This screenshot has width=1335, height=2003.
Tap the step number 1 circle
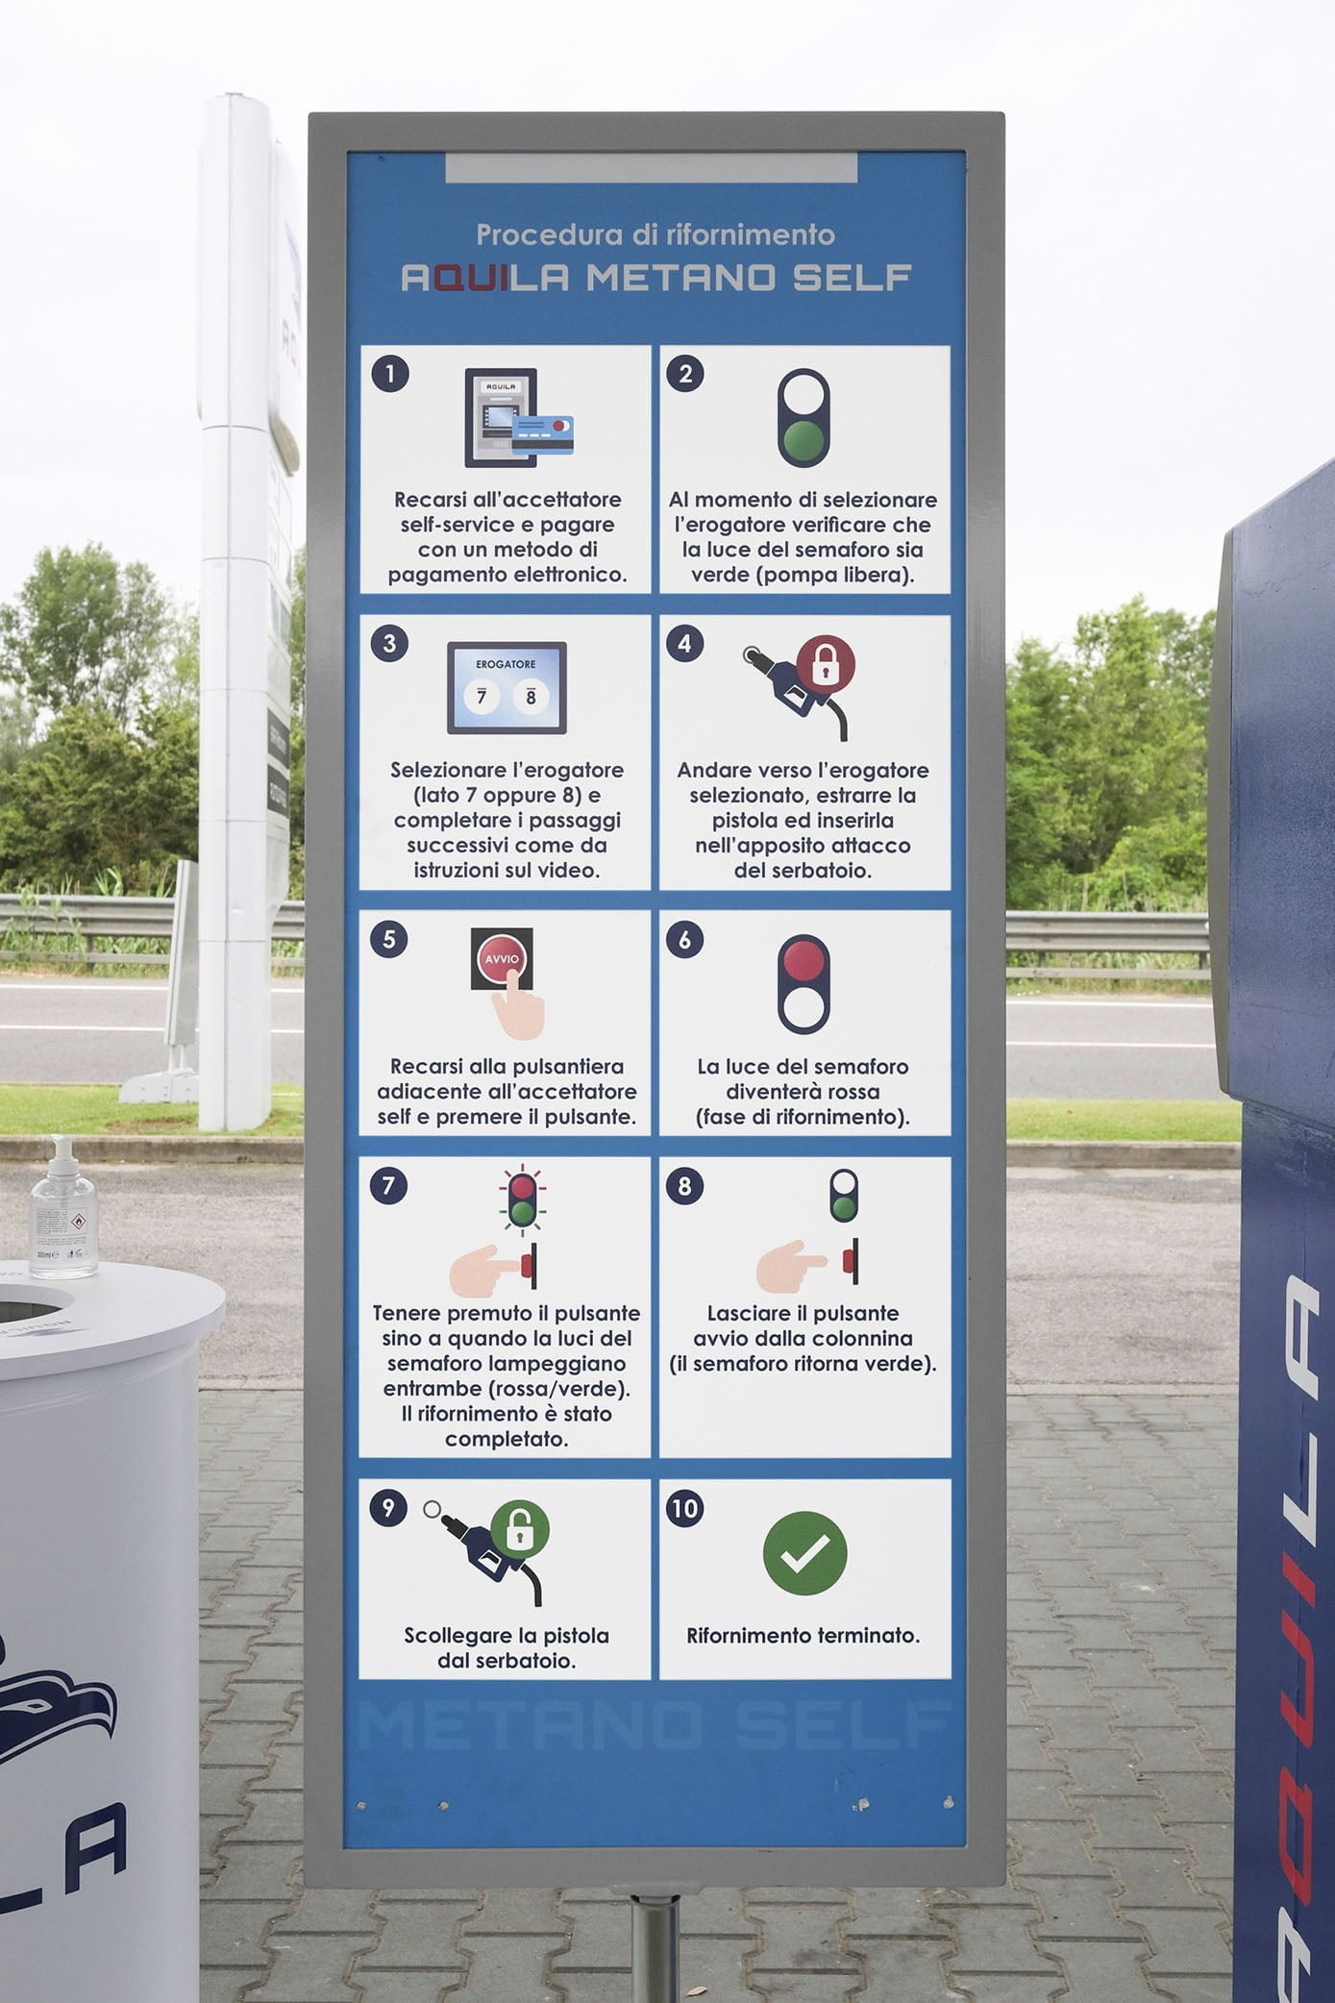389,374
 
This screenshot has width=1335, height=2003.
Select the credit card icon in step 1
542,433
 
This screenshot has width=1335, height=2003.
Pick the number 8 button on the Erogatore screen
530,697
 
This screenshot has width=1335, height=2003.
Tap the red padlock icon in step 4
825,662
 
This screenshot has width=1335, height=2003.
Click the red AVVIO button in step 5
502,959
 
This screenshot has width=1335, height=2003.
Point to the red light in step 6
803,960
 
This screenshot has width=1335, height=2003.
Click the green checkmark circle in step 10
804,1552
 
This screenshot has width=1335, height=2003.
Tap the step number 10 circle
684,1508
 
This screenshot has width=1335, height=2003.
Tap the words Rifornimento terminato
803,1635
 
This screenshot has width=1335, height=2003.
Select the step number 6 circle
684,939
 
